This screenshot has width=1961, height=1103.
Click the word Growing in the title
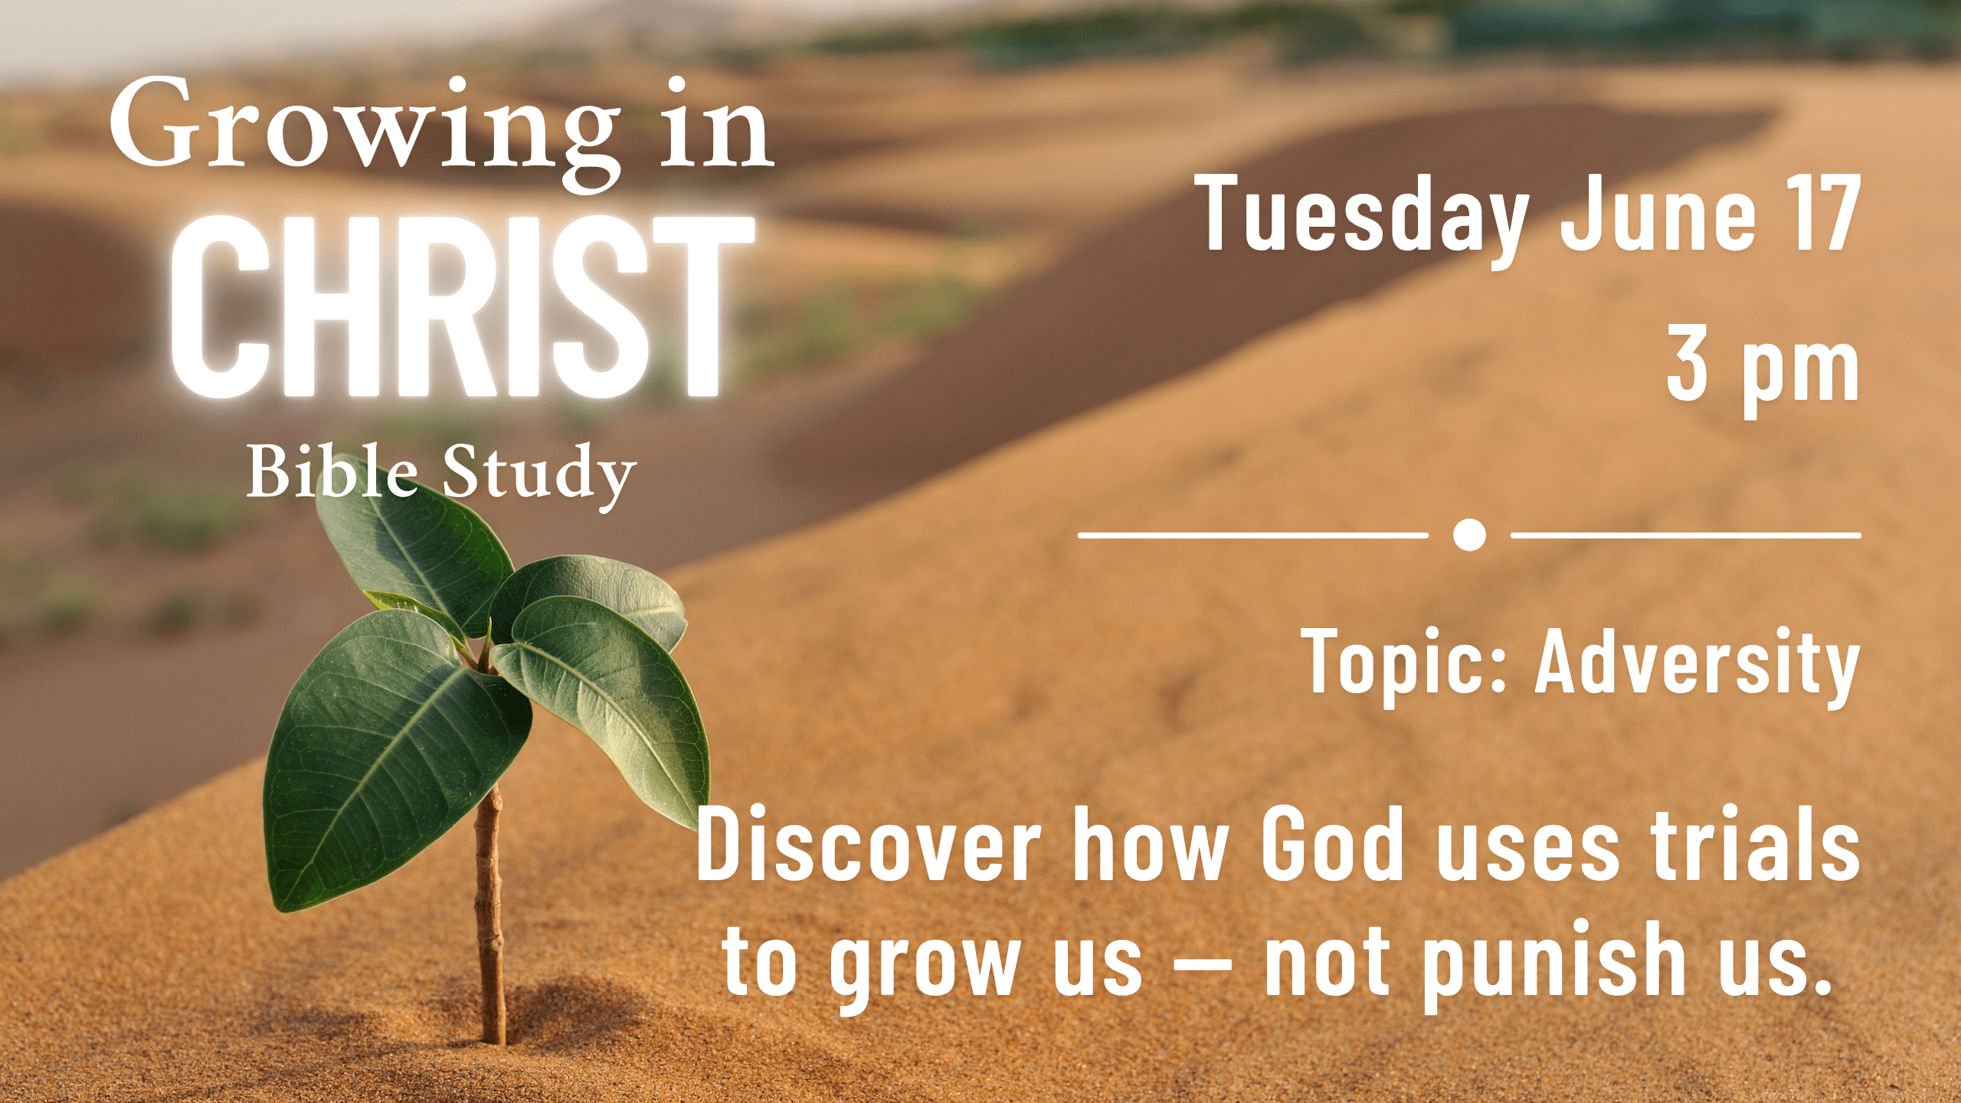coord(365,130)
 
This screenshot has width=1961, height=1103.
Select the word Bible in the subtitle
coord(332,472)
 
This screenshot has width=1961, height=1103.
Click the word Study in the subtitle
coord(539,476)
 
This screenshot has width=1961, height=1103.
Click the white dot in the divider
coord(1469,535)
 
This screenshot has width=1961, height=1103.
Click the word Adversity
coord(1697,664)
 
